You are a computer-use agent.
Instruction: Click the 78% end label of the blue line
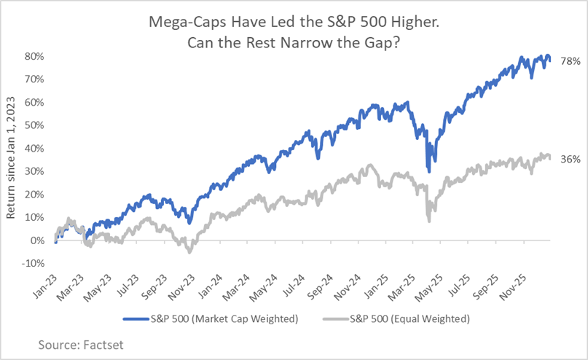click(571, 62)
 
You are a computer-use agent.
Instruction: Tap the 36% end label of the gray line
click(571, 159)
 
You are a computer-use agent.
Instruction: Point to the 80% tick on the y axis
click(34, 55)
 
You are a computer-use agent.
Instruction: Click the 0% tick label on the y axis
click(37, 240)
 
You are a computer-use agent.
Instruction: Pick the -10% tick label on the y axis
click(33, 263)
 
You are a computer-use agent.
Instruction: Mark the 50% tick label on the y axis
click(34, 125)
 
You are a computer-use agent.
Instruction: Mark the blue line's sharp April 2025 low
click(428, 171)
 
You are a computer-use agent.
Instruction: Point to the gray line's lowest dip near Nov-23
click(189, 252)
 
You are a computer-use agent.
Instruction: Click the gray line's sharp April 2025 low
click(428, 220)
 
